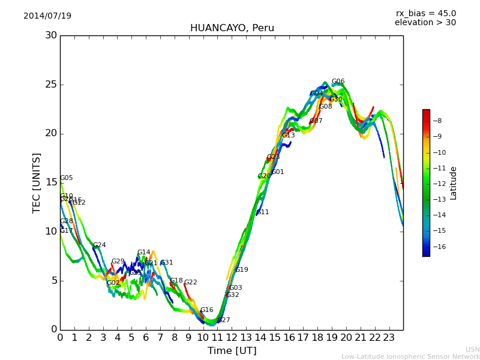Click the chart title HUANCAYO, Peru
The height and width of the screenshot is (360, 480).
[232, 28]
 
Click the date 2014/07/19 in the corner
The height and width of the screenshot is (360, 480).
[47, 16]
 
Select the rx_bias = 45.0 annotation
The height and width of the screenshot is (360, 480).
[425, 14]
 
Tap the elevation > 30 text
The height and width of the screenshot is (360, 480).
[425, 23]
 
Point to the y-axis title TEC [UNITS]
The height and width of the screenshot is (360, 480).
[37, 182]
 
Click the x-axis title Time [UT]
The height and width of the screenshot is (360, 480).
[232, 351]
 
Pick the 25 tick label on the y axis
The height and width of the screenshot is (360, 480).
[51, 85]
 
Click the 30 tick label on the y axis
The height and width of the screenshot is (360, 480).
[51, 35]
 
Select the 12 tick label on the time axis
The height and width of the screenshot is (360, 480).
[232, 337]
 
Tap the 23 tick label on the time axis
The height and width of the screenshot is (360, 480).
[389, 337]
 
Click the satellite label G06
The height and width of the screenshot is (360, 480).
[338, 82]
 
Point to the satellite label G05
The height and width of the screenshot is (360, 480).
[66, 178]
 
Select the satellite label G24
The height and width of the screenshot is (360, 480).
[99, 245]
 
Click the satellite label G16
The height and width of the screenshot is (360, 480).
[206, 310]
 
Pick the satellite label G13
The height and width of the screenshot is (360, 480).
[288, 136]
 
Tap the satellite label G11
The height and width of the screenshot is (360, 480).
[263, 212]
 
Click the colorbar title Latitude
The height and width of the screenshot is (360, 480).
[454, 182]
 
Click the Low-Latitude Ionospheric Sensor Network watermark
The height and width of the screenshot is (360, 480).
[410, 357]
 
